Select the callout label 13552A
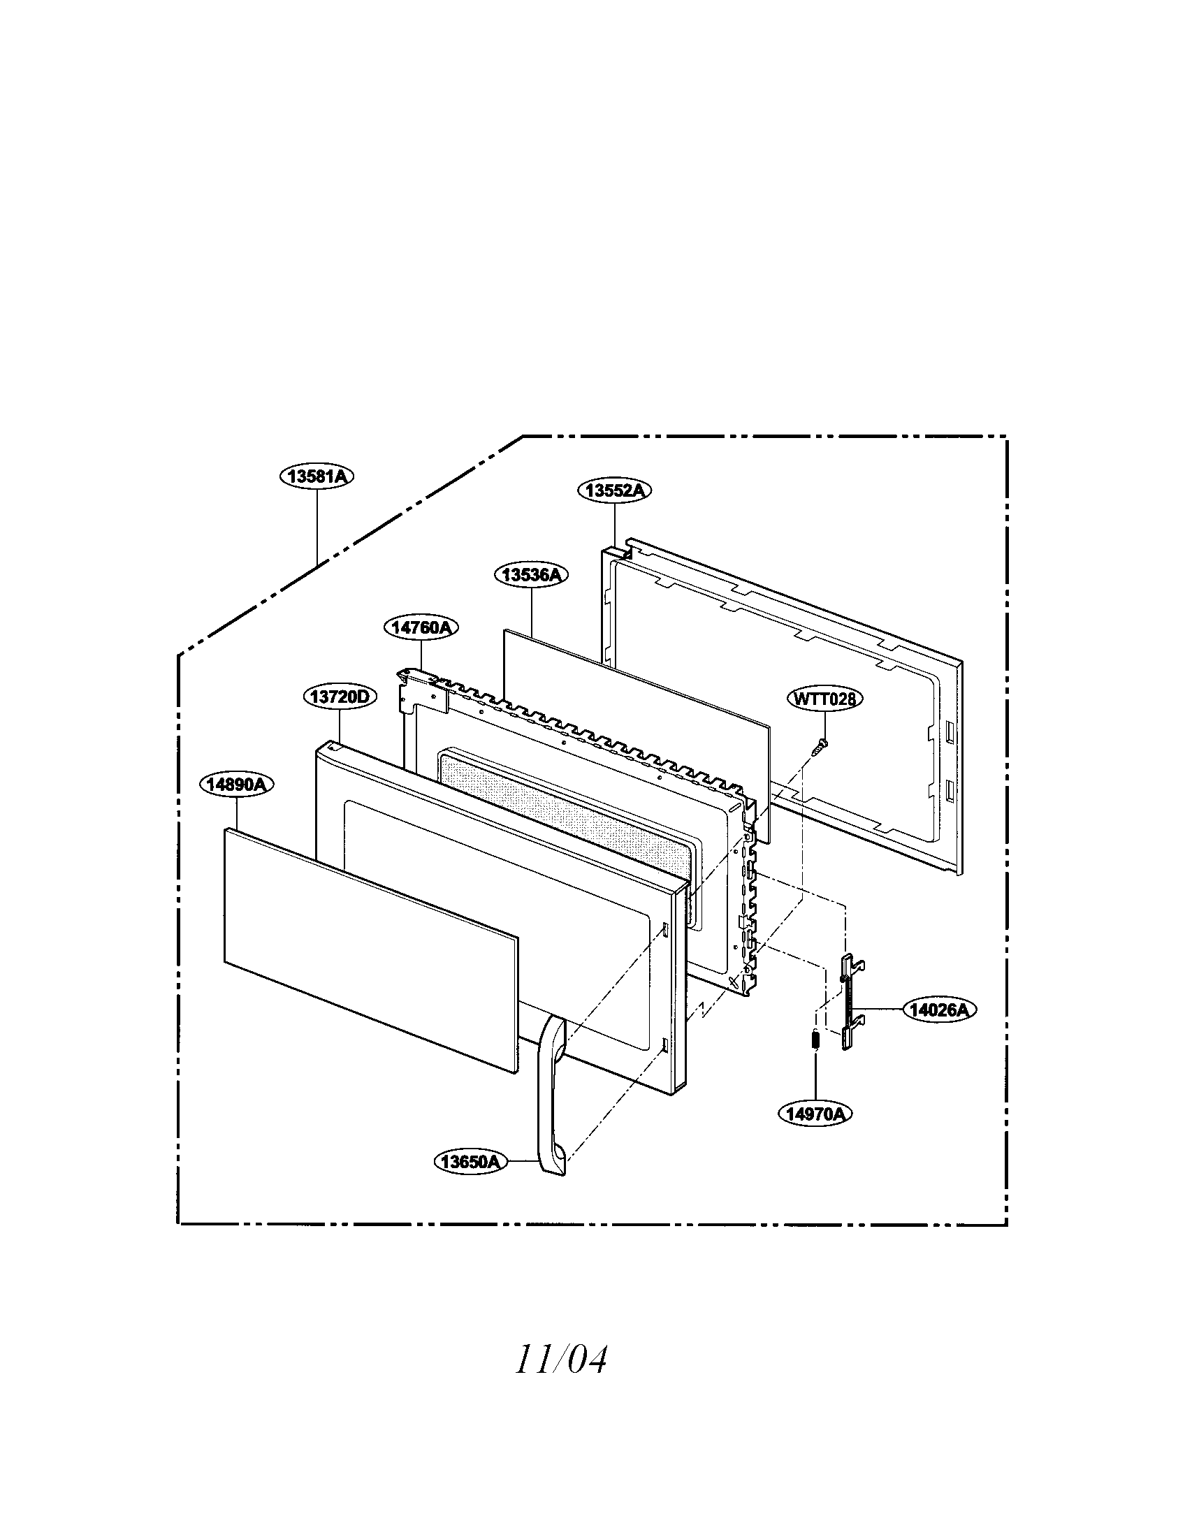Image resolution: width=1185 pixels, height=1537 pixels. coord(615,490)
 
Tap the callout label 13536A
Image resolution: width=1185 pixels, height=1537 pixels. coord(531,575)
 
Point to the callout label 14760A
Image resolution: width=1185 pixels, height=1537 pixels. coord(421,627)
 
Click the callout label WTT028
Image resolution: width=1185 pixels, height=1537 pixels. coord(824,699)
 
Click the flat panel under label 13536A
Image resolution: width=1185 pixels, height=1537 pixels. coord(637,736)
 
